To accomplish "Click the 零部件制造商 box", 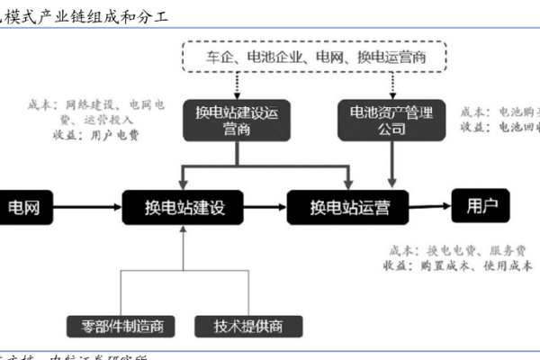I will click(121, 326).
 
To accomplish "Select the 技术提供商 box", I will click(246, 326).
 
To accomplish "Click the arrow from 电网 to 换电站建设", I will click(90, 208).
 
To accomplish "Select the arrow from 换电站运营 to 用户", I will click(428, 206).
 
